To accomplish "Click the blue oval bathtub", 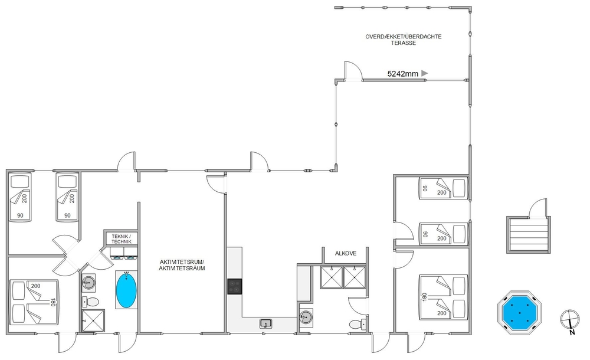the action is click(126, 290).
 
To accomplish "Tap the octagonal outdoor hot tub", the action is click(520, 313).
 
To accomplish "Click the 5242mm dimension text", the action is click(402, 74).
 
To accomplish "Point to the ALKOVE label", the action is click(345, 253).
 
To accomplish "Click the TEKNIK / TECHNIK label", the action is click(121, 239).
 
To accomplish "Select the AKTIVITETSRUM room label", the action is click(182, 261).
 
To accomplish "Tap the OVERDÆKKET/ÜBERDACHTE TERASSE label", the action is click(404, 40).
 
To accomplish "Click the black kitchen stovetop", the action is click(234, 286).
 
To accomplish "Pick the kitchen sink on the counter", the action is click(266, 323).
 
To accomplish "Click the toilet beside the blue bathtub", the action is click(90, 302).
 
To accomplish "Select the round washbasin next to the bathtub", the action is click(89, 282).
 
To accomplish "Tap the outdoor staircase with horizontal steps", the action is click(528, 235).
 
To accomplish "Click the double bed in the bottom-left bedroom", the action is click(34, 302).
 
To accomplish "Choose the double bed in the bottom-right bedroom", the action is click(444, 297).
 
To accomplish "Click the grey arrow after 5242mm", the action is click(424, 73).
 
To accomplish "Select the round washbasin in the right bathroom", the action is click(306, 317).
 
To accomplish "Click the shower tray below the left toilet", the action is click(93, 321).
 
